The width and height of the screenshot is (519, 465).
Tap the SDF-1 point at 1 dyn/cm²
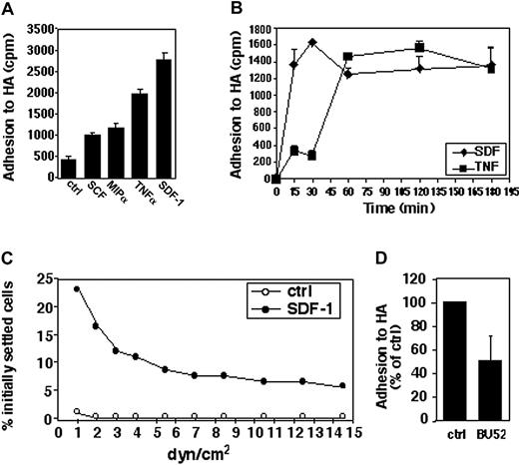(x=77, y=288)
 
